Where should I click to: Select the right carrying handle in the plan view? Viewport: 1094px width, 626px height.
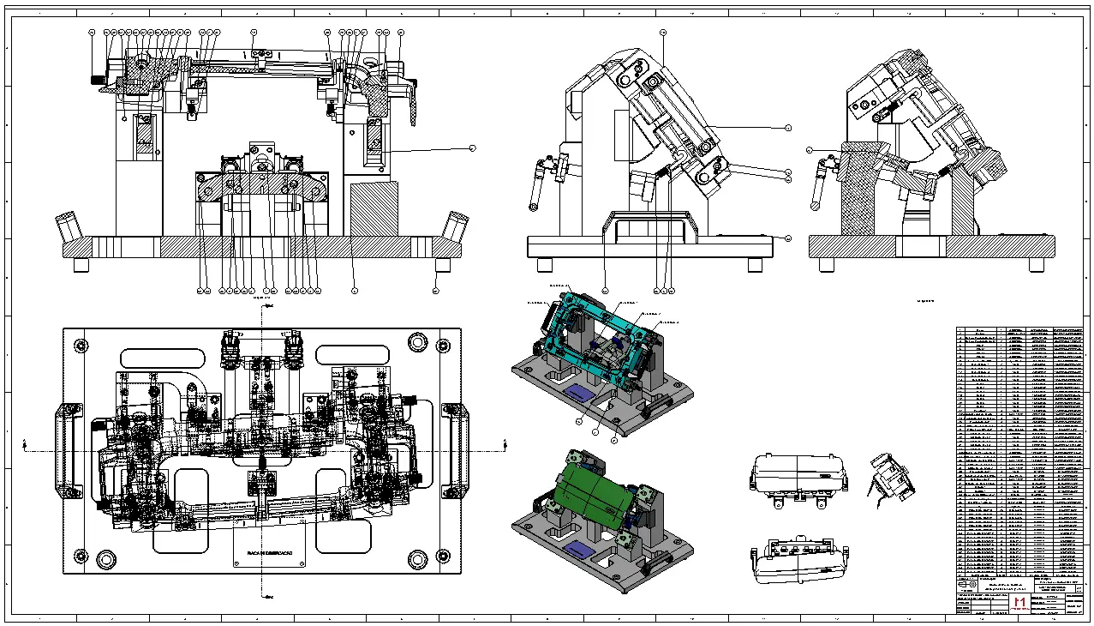(454, 449)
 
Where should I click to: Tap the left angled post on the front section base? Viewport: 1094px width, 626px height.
(68, 227)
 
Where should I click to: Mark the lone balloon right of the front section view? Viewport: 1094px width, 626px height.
(472, 148)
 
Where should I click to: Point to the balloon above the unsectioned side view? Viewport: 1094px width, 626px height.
(663, 32)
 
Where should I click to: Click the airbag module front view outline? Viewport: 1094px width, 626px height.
(798, 475)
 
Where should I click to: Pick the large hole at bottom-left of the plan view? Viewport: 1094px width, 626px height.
(106, 559)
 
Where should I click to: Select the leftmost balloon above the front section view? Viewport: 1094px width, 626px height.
(93, 32)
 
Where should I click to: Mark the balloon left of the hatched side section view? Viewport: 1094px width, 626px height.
(810, 150)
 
